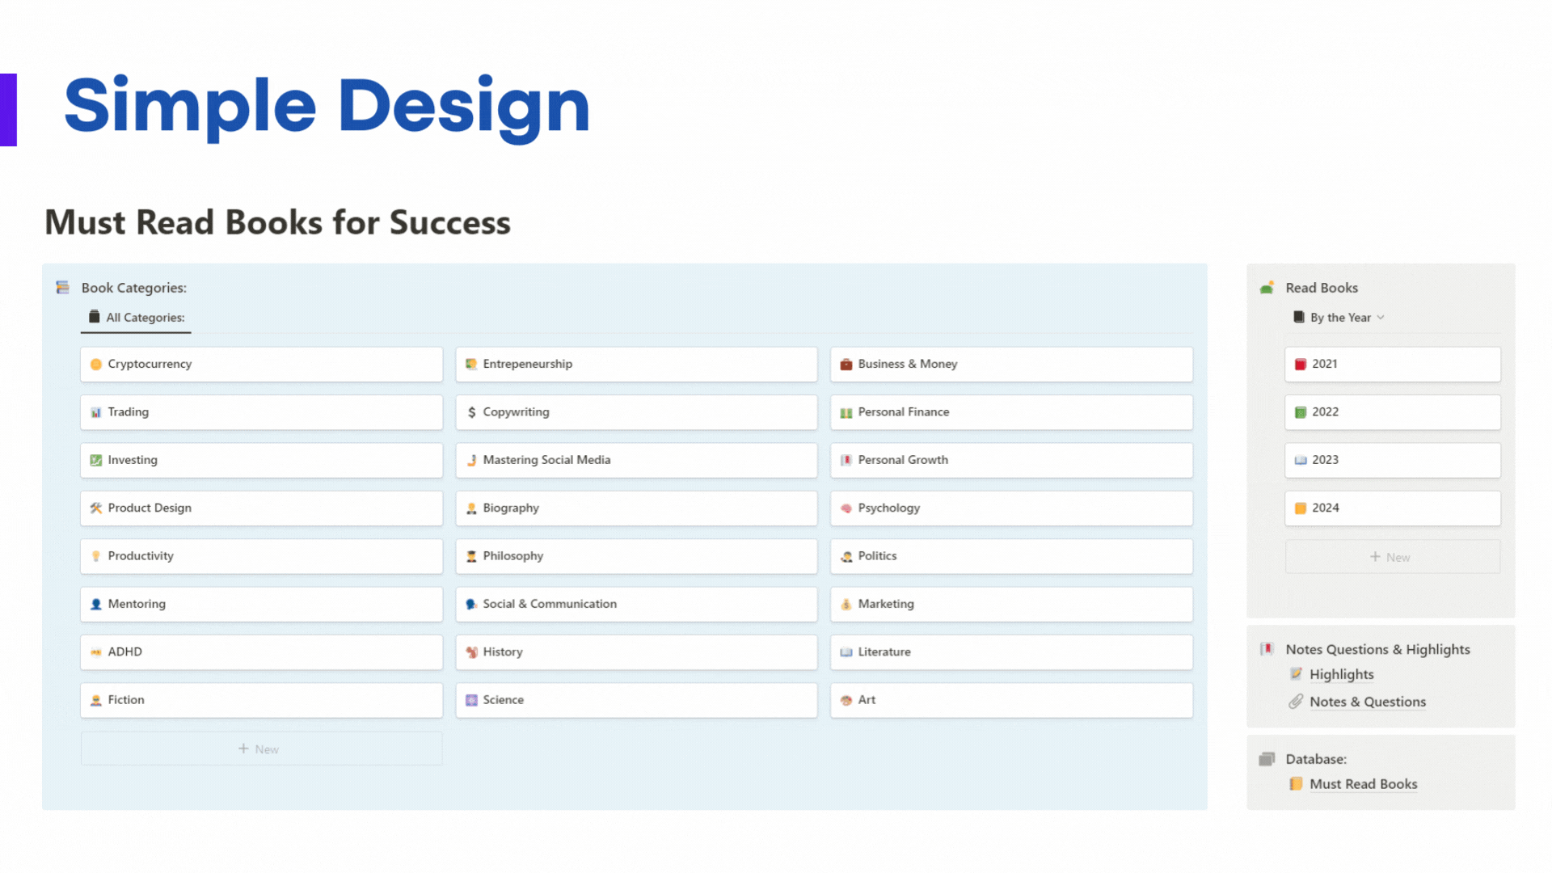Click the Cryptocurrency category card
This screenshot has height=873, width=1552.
pyautogui.click(x=261, y=365)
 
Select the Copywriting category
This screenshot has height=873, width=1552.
pyautogui.click(x=636, y=412)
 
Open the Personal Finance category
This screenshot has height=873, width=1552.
pyautogui.click(x=1011, y=412)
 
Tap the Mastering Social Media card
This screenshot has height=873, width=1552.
pyautogui.click(x=636, y=460)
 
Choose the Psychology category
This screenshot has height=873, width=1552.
pyautogui.click(x=1011, y=508)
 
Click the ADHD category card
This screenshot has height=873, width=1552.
pyautogui.click(x=261, y=652)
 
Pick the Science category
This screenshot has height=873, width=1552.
pyautogui.click(x=636, y=700)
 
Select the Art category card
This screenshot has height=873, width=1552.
pyautogui.click(x=1011, y=700)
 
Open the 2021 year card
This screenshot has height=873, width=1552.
pyautogui.click(x=1393, y=365)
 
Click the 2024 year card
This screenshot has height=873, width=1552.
pyautogui.click(x=1393, y=508)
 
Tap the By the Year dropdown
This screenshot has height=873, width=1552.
pyautogui.click(x=1339, y=318)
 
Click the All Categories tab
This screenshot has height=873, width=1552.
pyautogui.click(x=137, y=318)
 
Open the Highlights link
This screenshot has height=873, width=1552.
pyautogui.click(x=1341, y=675)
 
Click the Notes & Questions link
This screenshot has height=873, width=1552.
pyautogui.click(x=1368, y=702)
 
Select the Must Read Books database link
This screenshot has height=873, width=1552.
pyautogui.click(x=1363, y=784)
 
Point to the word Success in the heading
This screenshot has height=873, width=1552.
pyautogui.click(x=449, y=222)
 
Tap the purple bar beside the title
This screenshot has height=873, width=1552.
pyautogui.click(x=8, y=110)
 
